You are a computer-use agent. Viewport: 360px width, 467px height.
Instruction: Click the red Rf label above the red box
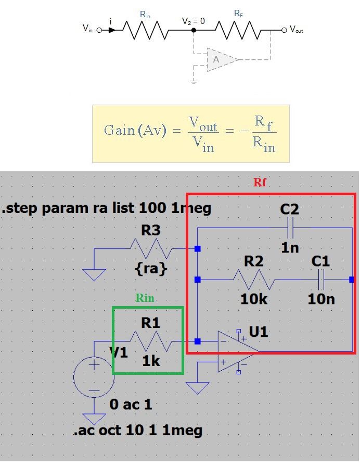[260, 182]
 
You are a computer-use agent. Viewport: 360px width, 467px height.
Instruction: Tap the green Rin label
[145, 298]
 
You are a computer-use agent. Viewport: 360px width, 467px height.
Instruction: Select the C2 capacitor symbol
[290, 228]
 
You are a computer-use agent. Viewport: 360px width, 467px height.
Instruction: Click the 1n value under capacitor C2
[290, 247]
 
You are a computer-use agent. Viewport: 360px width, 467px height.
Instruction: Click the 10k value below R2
[254, 299]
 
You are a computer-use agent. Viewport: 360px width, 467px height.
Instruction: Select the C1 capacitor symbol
[321, 280]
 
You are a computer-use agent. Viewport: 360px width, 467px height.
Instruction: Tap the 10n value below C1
[321, 299]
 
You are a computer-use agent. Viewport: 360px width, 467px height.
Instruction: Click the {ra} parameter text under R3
[151, 269]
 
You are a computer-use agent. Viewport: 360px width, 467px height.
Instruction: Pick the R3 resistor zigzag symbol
[151, 248]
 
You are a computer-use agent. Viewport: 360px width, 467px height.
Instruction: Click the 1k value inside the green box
[151, 361]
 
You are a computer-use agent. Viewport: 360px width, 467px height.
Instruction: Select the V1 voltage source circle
[94, 377]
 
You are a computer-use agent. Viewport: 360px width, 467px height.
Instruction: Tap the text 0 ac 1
[131, 405]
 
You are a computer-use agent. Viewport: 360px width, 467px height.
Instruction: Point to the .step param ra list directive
[106, 208]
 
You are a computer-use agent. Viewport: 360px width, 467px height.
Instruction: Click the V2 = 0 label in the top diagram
[194, 21]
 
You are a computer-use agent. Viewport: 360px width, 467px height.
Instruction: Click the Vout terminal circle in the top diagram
[285, 30]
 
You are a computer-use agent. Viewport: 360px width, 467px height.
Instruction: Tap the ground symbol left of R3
[94, 274]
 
